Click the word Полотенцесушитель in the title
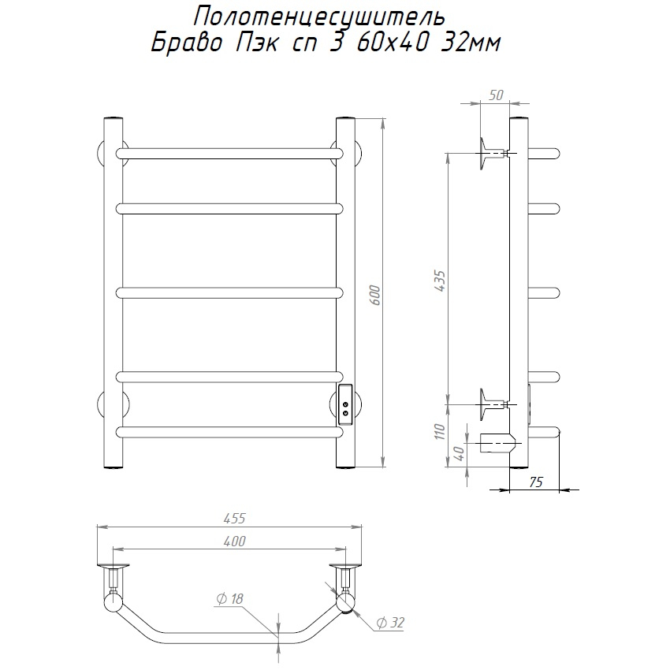tap(319, 17)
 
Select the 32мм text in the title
tap(470, 43)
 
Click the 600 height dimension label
tap(375, 295)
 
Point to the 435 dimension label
tap(440, 281)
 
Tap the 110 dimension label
tap(440, 432)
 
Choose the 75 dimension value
tap(536, 482)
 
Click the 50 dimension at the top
tap(496, 95)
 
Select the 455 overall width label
tap(235, 519)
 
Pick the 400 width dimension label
tap(235, 542)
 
